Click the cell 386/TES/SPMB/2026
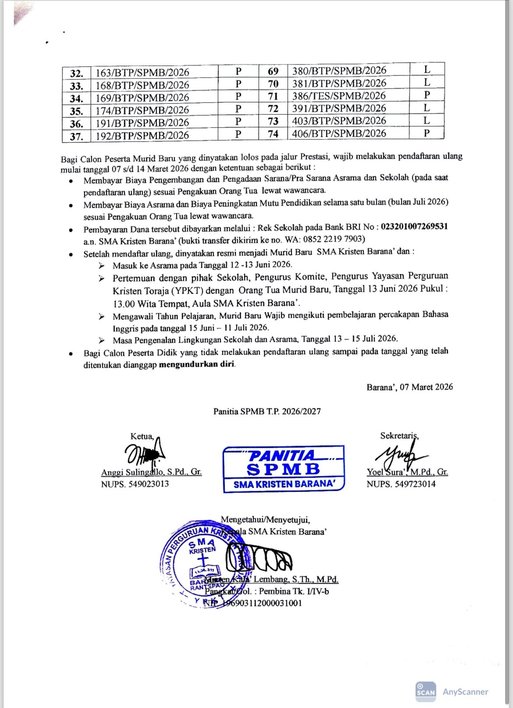click(x=339, y=96)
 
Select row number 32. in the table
click(x=77, y=73)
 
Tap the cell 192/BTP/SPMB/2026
click(x=142, y=135)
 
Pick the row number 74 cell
click(x=273, y=134)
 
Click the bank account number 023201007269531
click(x=414, y=227)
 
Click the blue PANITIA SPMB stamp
click(x=284, y=469)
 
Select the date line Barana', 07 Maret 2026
click(x=410, y=387)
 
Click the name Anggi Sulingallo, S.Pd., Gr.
click(x=151, y=472)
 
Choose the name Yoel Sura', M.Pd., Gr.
click(x=407, y=472)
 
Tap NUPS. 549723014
click(x=401, y=484)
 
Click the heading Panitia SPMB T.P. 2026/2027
click(x=267, y=411)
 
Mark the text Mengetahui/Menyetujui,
click(x=265, y=520)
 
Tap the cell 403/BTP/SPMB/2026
click(x=339, y=121)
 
